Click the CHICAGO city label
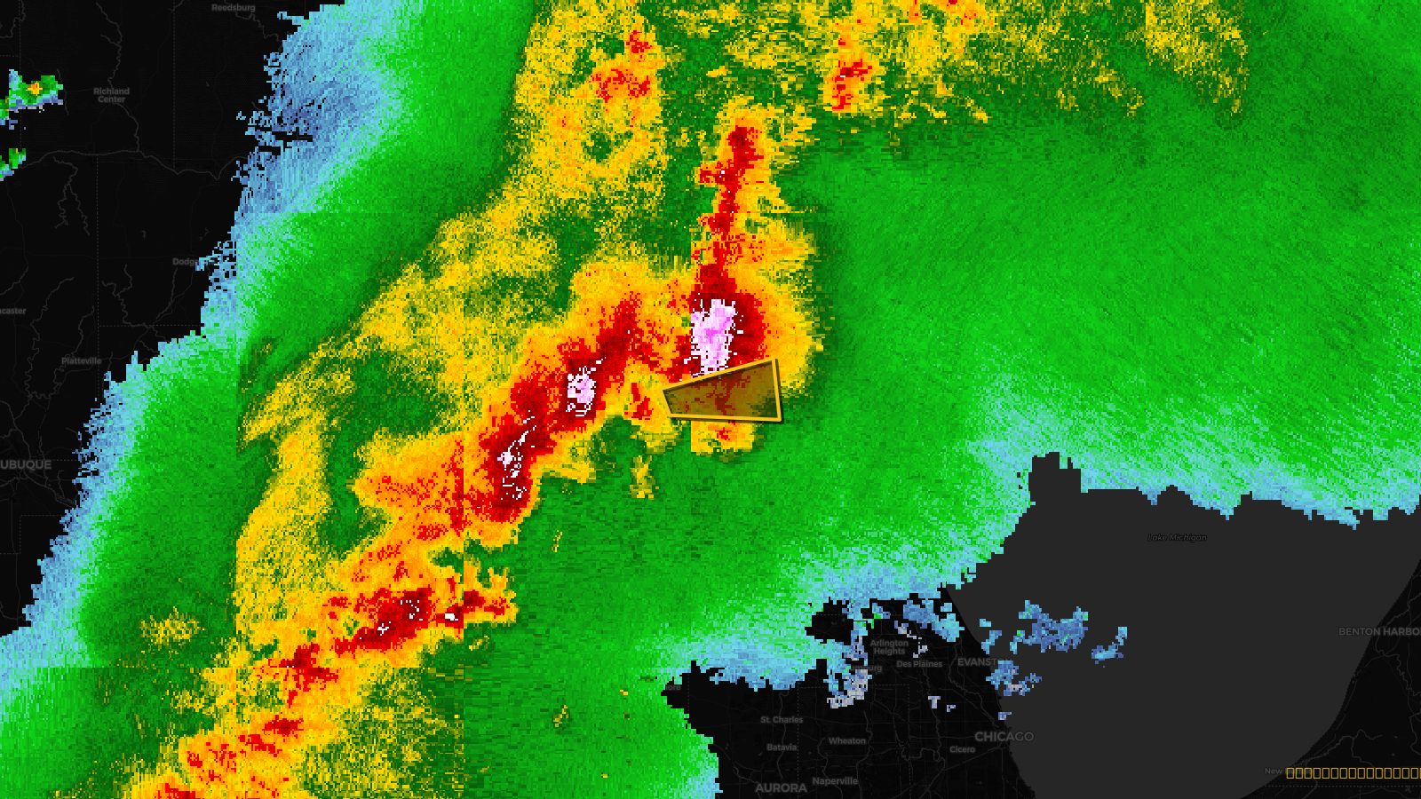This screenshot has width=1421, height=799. click(x=1004, y=737)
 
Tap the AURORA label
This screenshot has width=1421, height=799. click(x=781, y=787)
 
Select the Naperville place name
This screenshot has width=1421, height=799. click(x=835, y=781)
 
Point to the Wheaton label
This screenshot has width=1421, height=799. click(x=846, y=741)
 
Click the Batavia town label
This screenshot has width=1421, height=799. click(x=782, y=748)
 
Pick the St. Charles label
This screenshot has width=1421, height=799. click(x=782, y=720)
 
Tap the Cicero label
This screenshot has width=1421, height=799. click(x=962, y=750)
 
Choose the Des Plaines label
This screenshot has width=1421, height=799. click(x=918, y=664)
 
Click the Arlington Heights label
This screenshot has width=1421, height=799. click(x=889, y=647)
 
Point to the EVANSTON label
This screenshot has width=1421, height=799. click(x=976, y=662)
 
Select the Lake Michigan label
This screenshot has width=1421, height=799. click(x=1177, y=537)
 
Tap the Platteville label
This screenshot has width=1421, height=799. click(x=82, y=361)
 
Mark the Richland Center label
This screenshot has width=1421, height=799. click(x=111, y=95)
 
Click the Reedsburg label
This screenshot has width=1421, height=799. click(x=233, y=8)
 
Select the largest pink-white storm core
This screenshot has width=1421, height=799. click(x=714, y=334)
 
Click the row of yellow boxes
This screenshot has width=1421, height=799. click(x=1353, y=773)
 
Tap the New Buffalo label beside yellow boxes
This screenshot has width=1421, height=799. click(x=1274, y=771)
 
